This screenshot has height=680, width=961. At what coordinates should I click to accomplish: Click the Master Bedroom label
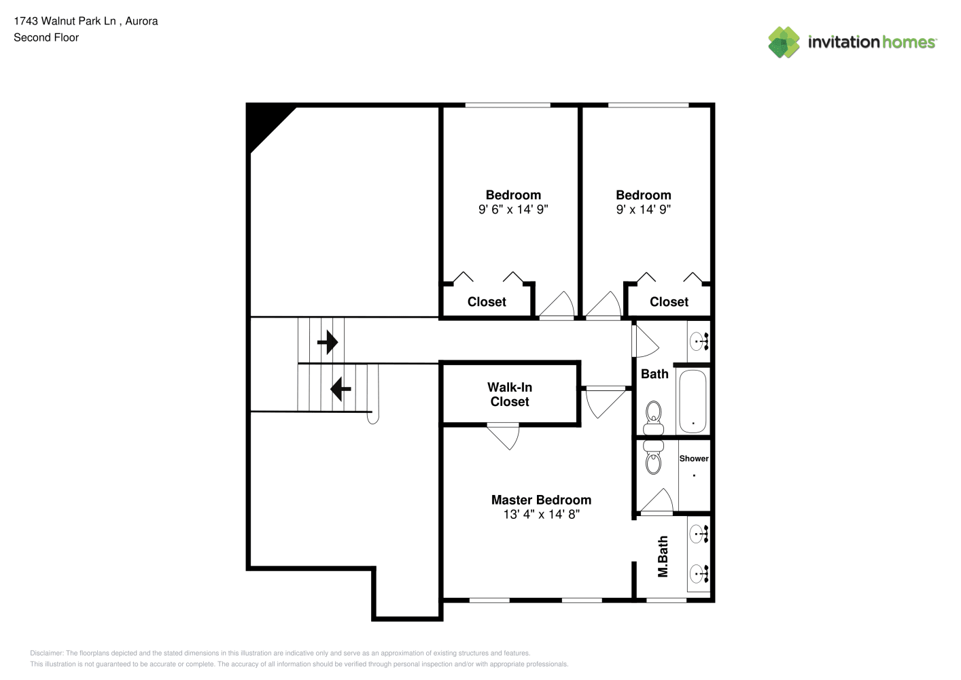[x=541, y=500]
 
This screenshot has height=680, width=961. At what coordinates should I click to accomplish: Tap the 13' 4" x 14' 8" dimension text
[x=542, y=514]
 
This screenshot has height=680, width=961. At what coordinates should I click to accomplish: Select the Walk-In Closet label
[x=510, y=394]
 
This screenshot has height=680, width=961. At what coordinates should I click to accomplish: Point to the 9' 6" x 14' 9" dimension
[x=513, y=209]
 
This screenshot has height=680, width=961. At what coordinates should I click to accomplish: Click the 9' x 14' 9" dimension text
[x=644, y=209]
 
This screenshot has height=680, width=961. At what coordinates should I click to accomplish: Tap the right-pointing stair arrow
[x=328, y=342]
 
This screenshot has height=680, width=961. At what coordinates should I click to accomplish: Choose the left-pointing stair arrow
[x=340, y=389]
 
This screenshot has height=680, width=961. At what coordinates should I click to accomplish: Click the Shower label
[x=694, y=458]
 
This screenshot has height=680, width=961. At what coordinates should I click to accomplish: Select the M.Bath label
[x=663, y=556]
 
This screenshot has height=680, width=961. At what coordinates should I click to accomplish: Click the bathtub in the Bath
[x=693, y=401]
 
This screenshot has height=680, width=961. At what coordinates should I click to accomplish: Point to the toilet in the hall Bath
[x=653, y=418]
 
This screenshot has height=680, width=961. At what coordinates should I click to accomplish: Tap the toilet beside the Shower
[x=653, y=458]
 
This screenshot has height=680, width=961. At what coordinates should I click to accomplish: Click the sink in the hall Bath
[x=699, y=342]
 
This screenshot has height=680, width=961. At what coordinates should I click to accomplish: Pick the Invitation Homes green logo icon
[x=784, y=42]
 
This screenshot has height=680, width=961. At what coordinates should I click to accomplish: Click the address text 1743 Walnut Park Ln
[x=65, y=21]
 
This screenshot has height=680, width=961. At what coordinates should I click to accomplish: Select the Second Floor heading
[x=46, y=37]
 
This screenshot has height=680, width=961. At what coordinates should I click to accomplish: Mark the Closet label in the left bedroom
[x=487, y=302]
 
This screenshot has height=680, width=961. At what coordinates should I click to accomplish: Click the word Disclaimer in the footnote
[x=46, y=653]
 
